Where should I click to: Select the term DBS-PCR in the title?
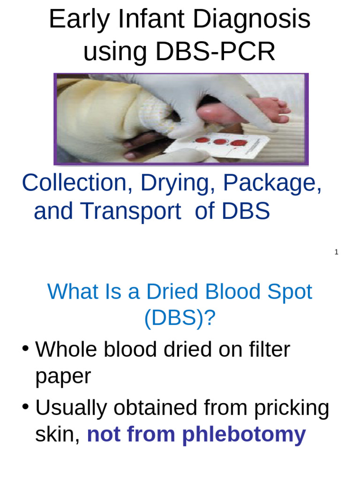tap(215, 52)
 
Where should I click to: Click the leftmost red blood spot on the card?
tap(202, 140)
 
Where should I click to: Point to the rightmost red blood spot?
tap(238, 142)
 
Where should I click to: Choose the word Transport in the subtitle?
tap(131, 212)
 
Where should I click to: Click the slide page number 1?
tap(336, 252)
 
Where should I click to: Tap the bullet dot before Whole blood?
tap(26, 349)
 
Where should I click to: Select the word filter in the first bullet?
tap(265, 350)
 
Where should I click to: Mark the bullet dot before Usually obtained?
tap(26, 407)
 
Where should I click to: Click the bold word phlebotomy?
tap(244, 435)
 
